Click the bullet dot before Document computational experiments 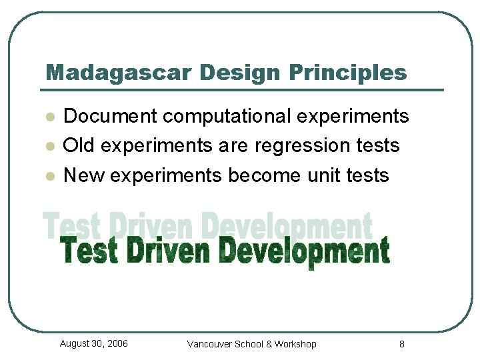point(49,117)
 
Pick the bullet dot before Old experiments point(49,147)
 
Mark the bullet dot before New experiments point(49,177)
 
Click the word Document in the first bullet point(110,117)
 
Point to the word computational point(227,117)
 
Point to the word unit point(324,175)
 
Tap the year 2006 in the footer point(117,343)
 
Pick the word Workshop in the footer point(295,344)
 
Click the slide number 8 point(401,344)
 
